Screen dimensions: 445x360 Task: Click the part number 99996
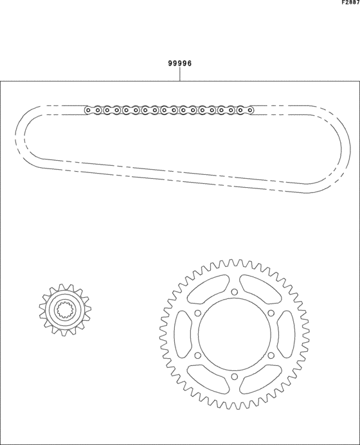point(180,64)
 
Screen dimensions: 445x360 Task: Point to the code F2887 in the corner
point(350,3)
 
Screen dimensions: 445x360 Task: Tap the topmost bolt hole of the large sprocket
point(234,293)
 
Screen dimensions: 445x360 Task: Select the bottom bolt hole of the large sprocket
point(234,376)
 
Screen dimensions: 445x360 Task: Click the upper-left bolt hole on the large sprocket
point(198,314)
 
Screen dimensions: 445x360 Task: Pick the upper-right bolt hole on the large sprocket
point(270,314)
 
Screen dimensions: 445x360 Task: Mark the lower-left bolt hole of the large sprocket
point(198,356)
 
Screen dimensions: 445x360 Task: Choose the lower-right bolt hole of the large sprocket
point(270,356)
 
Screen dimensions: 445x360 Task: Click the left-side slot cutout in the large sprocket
point(182,334)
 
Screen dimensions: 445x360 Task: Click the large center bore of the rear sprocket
point(234,334)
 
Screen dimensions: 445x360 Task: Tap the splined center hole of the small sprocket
point(66,310)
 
